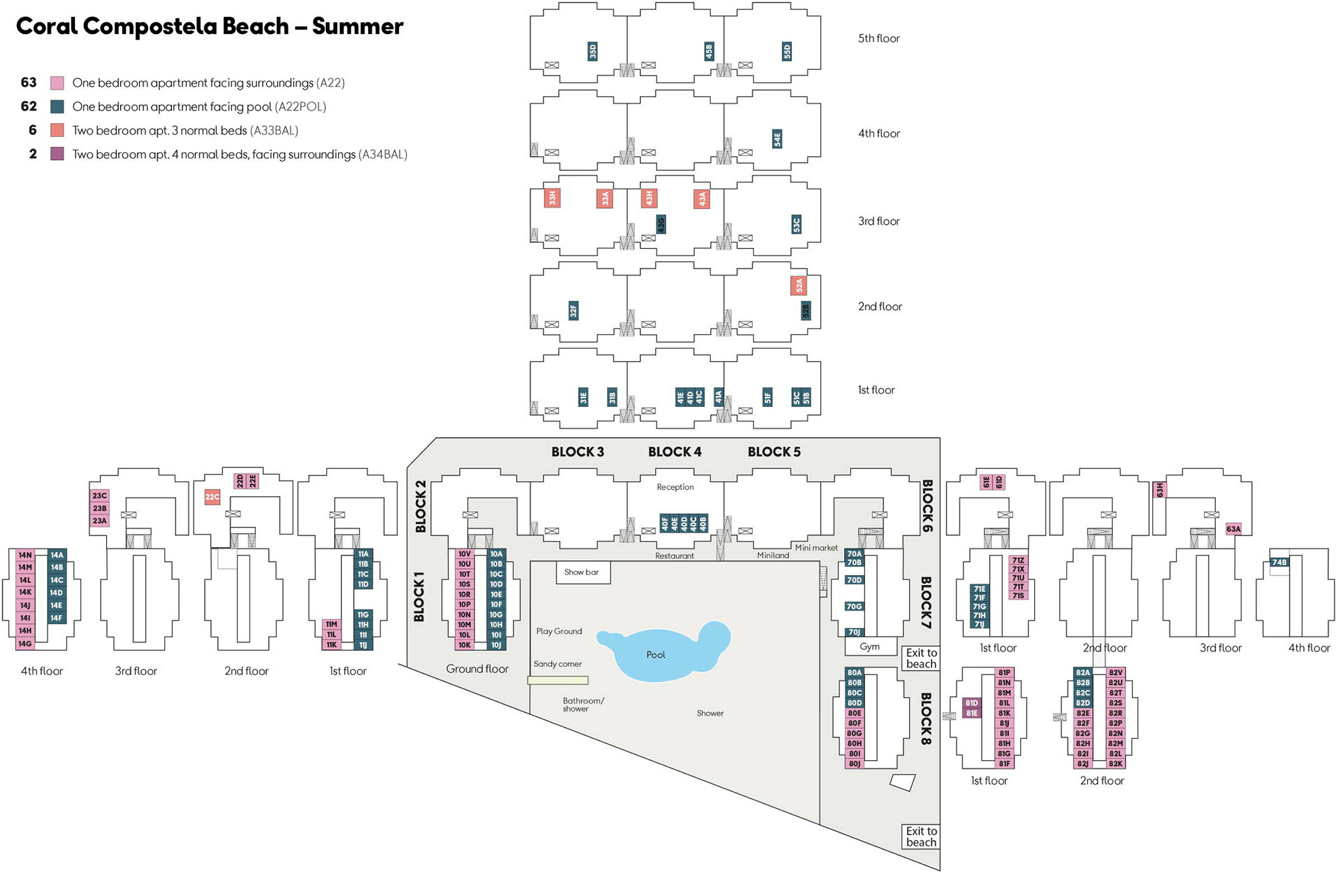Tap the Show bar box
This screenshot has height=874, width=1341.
point(583,573)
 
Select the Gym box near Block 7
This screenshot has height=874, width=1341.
point(871,647)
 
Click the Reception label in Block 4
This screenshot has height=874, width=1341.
point(675,487)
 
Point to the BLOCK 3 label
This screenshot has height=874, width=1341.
point(578,452)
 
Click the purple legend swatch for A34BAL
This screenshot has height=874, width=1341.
point(57,154)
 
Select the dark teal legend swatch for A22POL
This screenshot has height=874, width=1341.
point(57,107)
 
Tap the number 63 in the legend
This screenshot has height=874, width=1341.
point(28,82)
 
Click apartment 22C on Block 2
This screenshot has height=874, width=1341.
point(212,497)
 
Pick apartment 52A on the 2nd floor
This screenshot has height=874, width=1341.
point(799,286)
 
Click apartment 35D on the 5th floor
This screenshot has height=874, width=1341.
point(593,51)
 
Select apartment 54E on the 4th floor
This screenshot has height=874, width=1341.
point(778,139)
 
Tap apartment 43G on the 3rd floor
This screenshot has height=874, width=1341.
point(662,224)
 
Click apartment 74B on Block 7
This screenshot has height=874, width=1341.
point(1280,562)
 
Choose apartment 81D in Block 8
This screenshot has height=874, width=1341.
point(972,703)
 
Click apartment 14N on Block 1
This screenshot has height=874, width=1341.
point(25,555)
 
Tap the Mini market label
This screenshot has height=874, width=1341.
point(816,548)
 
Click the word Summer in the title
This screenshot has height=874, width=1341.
point(358,26)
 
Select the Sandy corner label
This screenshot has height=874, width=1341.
point(558,664)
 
